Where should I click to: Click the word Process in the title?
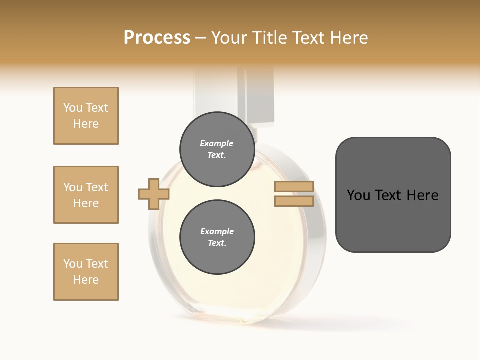point(157,38)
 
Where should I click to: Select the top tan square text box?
point(86,116)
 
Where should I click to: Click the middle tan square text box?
point(86,195)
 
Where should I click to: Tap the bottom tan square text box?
point(86,272)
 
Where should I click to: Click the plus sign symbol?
point(154,194)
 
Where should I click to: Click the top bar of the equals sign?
point(294,187)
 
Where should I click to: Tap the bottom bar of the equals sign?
point(294,201)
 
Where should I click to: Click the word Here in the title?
point(349,38)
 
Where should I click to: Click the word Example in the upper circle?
point(216,144)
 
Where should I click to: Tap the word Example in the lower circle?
point(217,232)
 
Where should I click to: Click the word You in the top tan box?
point(72,108)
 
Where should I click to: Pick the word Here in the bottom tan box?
point(86,280)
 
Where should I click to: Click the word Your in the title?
point(230,38)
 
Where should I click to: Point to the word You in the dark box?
point(358,195)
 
